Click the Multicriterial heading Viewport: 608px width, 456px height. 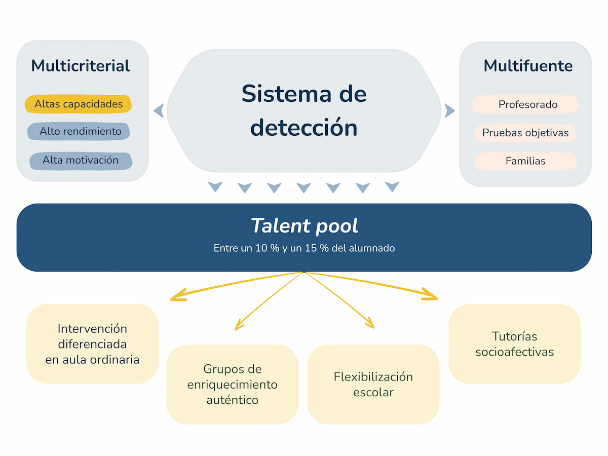[81, 66]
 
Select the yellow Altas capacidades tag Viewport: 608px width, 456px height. [79, 104]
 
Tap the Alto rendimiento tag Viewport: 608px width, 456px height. [80, 132]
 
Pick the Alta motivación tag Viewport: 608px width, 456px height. [81, 161]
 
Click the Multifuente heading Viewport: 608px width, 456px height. [528, 66]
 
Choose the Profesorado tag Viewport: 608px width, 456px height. [527, 105]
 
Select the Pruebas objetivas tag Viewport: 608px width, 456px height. [525, 133]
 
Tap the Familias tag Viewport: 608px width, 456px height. [525, 161]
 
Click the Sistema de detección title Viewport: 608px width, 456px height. [304, 110]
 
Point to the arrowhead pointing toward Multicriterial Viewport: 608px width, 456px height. [159, 110]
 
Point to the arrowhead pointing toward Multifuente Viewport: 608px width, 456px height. [449, 110]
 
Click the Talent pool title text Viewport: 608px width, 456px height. [304, 226]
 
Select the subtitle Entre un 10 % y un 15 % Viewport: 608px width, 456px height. [304, 248]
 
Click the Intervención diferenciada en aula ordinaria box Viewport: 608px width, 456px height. [92, 344]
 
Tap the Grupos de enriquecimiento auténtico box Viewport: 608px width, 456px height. [233, 384]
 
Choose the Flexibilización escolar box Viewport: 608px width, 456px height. [373, 384]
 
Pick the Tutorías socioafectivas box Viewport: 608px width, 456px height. [514, 344]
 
